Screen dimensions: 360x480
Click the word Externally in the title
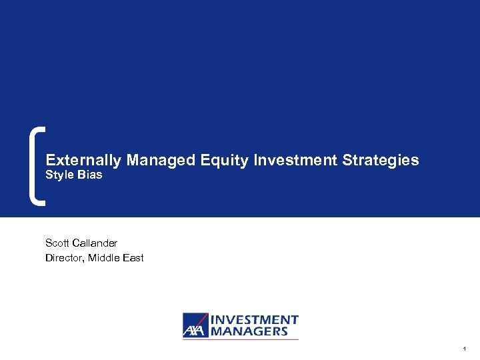point(84,161)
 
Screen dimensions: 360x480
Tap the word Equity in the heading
point(212,161)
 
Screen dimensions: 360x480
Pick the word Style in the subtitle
point(58,176)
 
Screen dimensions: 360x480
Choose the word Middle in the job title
point(105,258)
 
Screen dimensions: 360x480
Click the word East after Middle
point(133,258)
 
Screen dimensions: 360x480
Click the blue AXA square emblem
point(195,325)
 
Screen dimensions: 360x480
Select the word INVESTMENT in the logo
point(255,320)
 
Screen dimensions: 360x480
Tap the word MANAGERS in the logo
point(249,331)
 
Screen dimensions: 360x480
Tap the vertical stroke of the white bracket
point(34,165)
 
